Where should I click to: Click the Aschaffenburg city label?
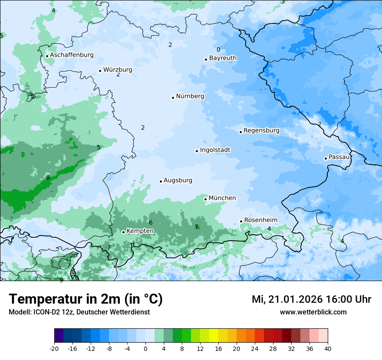pyautogui.click(x=72, y=55)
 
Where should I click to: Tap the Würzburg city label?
pyautogui.click(x=118, y=70)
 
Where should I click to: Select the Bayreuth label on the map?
pyautogui.click(x=223, y=58)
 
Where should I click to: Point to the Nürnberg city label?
pyautogui.click(x=190, y=96)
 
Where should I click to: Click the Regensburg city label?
pyautogui.click(x=261, y=131)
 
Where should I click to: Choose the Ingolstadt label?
pyautogui.click(x=215, y=150)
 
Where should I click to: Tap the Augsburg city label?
pyautogui.click(x=178, y=180)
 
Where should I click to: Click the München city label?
pyautogui.click(x=222, y=198)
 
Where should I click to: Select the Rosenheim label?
pyautogui.click(x=260, y=220)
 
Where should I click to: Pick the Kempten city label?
pyautogui.click(x=140, y=231)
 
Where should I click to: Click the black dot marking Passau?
pyautogui.click(x=326, y=158)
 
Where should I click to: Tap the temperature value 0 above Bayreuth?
pyautogui.click(x=218, y=49)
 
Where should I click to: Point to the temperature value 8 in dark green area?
pyautogui.click(x=48, y=177)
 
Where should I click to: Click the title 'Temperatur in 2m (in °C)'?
pyautogui.click(x=86, y=299)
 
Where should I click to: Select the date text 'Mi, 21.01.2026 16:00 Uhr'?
pyautogui.click(x=311, y=299)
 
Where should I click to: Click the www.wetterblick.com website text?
pyautogui.click(x=313, y=312)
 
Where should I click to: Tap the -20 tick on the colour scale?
pyautogui.click(x=54, y=348)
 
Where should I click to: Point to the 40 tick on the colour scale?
pyautogui.click(x=328, y=348)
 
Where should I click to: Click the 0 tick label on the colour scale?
pyautogui.click(x=145, y=348)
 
